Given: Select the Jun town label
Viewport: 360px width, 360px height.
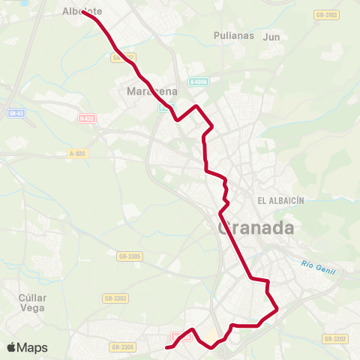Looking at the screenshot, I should pos(271,35).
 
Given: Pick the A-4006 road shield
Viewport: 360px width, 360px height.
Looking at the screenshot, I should pos(199,82).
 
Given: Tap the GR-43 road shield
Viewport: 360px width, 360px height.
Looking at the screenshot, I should pos(16,113).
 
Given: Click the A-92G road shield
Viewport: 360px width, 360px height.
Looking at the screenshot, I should pos(77,152).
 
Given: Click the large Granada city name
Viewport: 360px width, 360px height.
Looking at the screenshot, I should pos(255,228).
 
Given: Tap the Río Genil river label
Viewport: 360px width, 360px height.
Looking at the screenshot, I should pos(317,265).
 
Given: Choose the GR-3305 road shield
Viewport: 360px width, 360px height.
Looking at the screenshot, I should pos(128,256).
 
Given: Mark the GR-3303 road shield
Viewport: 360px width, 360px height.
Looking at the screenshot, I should pos(115,298).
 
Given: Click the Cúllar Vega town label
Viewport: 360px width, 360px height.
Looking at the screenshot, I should pos(32,302).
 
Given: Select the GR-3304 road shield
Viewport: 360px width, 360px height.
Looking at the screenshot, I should pos(122,347).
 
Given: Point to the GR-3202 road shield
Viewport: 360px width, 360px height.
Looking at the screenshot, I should pos(335,339).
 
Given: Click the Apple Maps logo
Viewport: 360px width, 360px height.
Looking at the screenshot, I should pos(27,347).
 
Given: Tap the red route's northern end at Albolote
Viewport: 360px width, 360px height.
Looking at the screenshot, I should pos(83,13).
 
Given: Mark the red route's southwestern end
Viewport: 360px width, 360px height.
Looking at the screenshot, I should pos(166,346).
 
